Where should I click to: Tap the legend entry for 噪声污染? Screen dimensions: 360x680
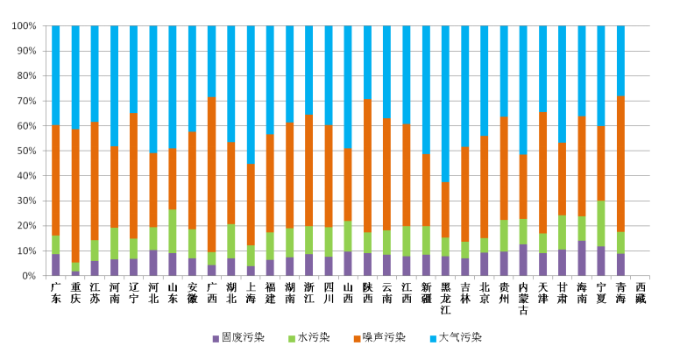tap(387, 337)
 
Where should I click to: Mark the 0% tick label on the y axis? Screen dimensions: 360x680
tap(28, 276)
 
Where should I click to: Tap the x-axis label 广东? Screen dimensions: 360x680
tap(56, 293)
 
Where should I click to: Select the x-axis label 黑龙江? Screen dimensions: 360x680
tap(446, 298)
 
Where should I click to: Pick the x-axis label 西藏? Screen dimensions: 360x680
tap(640, 293)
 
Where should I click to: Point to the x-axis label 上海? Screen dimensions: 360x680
tap(251, 293)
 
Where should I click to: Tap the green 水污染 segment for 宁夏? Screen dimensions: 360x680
tap(601, 223)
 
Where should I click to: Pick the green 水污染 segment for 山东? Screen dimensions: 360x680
tap(173, 231)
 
